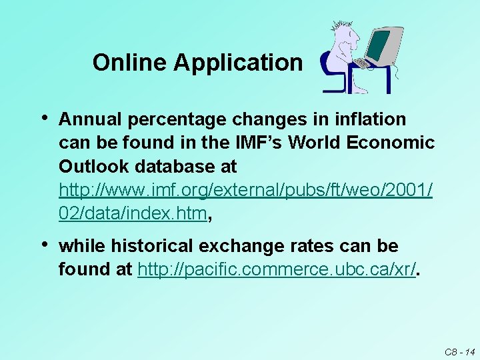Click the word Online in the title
[x=131, y=63]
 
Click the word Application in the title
[x=238, y=63]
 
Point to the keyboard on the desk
[x=362, y=63]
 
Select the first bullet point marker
[x=44, y=119]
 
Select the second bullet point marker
[x=44, y=246]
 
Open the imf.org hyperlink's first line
[x=245, y=190]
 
